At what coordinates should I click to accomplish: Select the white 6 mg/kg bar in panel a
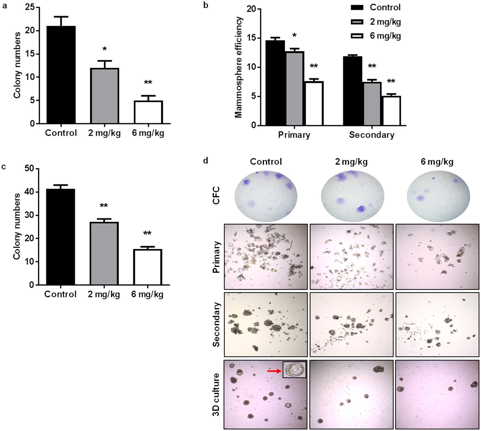coord(148,112)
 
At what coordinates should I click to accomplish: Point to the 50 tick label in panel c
coord(29,168)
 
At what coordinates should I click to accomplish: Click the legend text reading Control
coord(385,7)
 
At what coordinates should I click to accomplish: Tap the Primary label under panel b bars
coord(294,135)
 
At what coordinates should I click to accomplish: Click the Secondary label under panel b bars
coord(372,135)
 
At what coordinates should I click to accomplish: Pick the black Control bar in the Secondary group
coord(352,91)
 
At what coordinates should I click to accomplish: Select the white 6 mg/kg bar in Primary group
coord(314,103)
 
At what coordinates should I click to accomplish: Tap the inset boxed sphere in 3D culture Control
coord(294,370)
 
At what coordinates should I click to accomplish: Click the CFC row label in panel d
coord(216,195)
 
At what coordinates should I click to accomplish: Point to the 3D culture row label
coord(216,394)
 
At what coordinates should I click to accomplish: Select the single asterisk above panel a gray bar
coord(104,49)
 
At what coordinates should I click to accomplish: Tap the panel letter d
coord(206,161)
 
